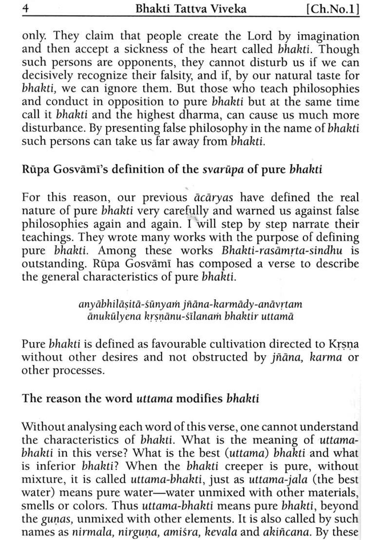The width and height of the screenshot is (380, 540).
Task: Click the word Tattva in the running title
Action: click(172, 8)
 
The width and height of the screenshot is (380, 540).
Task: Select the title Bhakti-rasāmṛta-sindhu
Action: click(284, 251)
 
